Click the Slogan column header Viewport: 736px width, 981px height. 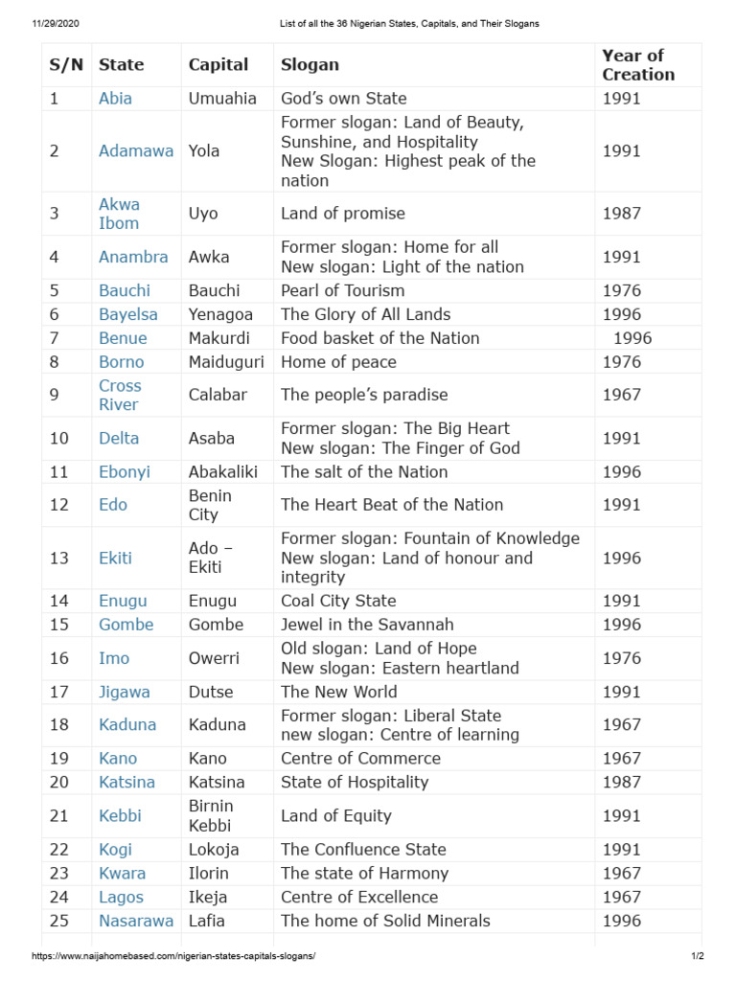(x=310, y=65)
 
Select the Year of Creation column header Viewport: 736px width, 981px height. (x=638, y=65)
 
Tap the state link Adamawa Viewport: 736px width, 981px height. (x=136, y=151)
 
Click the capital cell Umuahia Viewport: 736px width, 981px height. (x=222, y=99)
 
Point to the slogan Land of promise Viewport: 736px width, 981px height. (x=343, y=214)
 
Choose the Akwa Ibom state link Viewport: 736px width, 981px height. (x=119, y=214)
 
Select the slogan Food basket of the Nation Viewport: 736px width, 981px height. (x=379, y=338)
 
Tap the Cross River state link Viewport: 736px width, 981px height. (x=120, y=395)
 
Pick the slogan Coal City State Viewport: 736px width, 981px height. (x=338, y=601)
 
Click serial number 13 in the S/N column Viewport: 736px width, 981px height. (x=59, y=558)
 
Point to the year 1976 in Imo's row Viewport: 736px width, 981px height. (x=622, y=658)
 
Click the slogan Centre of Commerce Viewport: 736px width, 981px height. (x=360, y=758)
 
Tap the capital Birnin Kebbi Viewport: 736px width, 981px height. (x=211, y=815)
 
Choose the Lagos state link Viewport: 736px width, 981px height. (x=121, y=897)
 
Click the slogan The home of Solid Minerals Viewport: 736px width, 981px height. (x=385, y=921)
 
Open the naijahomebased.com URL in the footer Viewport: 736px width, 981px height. (x=173, y=956)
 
